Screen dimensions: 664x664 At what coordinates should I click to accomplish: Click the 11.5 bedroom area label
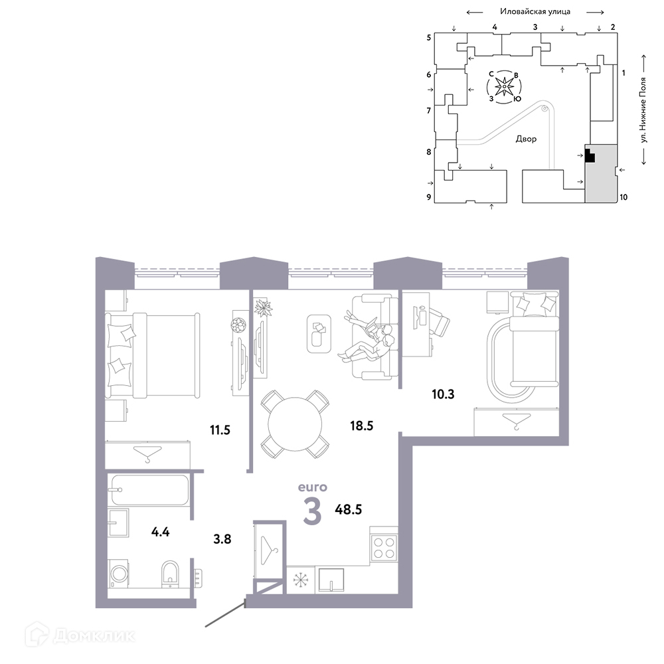220,430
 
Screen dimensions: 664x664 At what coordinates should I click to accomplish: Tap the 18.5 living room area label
362,426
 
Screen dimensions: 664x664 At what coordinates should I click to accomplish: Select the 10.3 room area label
443,394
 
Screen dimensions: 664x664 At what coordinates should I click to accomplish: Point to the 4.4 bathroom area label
161,531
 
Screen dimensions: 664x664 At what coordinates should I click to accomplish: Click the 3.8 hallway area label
222,539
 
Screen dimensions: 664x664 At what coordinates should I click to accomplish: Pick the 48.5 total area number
349,509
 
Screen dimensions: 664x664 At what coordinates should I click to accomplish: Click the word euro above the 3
313,487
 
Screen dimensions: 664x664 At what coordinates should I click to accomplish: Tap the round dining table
295,424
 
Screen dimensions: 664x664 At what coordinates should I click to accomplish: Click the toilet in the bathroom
170,574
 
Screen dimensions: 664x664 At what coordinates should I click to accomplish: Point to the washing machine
119,574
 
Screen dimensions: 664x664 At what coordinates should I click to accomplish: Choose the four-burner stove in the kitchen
384,548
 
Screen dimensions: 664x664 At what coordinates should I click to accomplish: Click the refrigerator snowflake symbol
301,580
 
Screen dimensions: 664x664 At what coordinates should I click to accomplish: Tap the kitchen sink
331,580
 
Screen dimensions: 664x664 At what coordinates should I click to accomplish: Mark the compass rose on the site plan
505,87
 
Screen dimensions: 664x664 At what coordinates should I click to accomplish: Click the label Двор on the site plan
526,139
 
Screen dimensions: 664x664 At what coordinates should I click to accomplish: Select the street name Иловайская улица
535,12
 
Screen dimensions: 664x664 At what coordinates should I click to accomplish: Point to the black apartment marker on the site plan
590,155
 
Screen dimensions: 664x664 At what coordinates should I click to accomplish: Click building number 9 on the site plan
429,197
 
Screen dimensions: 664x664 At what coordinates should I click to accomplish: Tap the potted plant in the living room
263,307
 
